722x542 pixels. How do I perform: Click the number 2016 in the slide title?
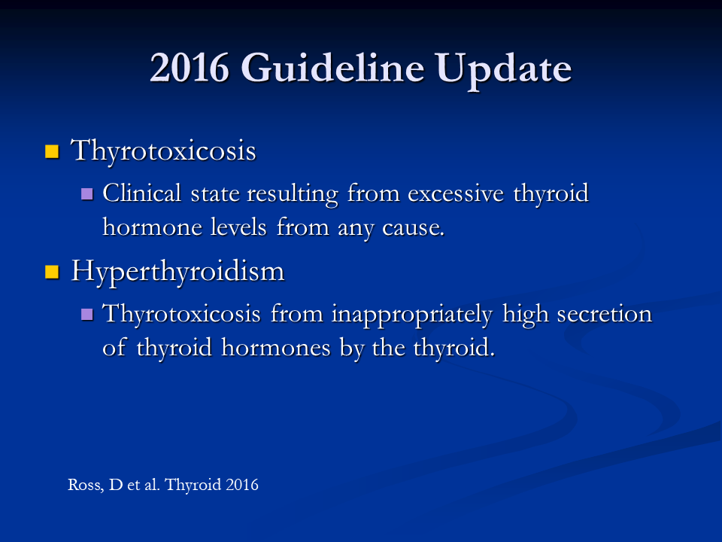[x=190, y=68]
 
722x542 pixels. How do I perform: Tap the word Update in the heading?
[x=503, y=69]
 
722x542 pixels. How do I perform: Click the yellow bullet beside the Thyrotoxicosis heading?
[x=52, y=151]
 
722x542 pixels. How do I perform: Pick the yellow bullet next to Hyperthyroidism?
[x=52, y=272]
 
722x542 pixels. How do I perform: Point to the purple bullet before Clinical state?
[x=87, y=193]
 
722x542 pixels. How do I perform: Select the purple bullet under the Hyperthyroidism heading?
[x=87, y=315]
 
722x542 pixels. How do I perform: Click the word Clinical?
[x=142, y=193]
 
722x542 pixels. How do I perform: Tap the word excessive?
[x=456, y=193]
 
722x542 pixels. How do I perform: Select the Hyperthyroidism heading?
[x=177, y=272]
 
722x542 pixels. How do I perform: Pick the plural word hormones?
[x=276, y=348]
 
